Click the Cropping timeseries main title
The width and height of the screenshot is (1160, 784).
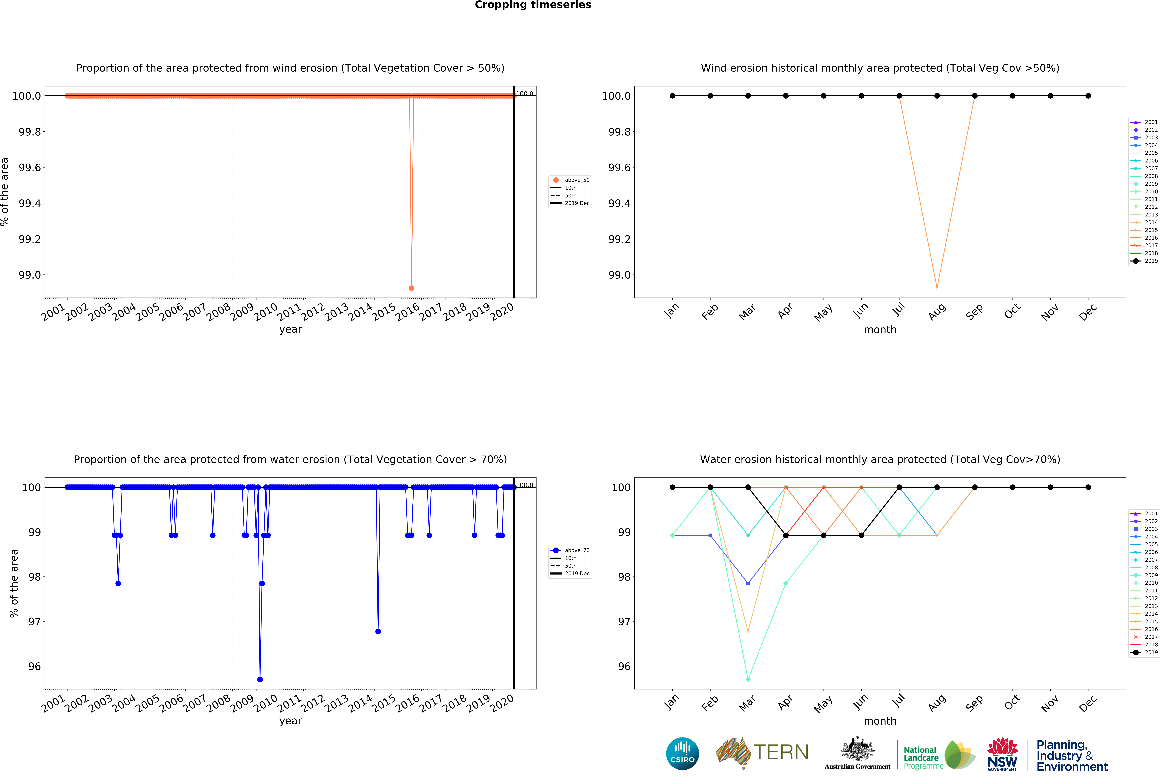point(533,5)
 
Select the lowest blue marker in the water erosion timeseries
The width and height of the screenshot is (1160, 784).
point(260,679)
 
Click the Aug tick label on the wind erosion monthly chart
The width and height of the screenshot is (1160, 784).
point(937,312)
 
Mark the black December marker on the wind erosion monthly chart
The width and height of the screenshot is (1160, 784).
point(1088,96)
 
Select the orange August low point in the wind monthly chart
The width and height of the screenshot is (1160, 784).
point(937,288)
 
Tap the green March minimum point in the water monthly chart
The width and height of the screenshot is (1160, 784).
point(748,679)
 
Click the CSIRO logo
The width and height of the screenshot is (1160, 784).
point(682,754)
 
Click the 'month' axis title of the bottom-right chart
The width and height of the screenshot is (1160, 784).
point(880,721)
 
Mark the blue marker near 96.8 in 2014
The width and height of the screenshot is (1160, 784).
point(378,631)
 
